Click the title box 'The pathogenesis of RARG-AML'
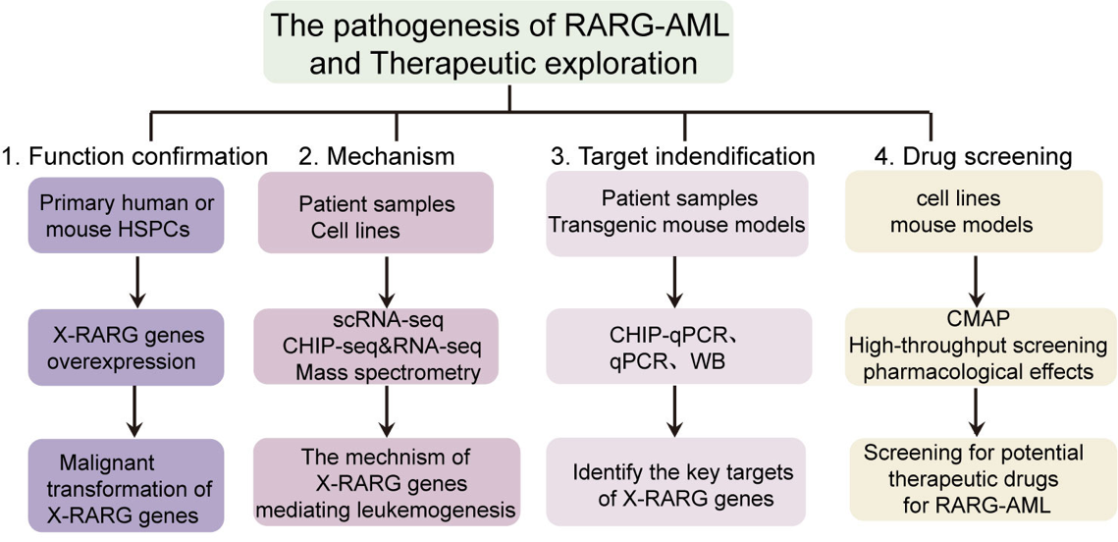(x=508, y=43)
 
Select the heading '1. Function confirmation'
(x=134, y=156)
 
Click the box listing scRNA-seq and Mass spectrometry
(x=373, y=345)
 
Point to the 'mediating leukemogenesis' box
(x=385, y=482)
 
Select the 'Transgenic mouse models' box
(x=677, y=213)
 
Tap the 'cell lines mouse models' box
(x=971, y=213)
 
